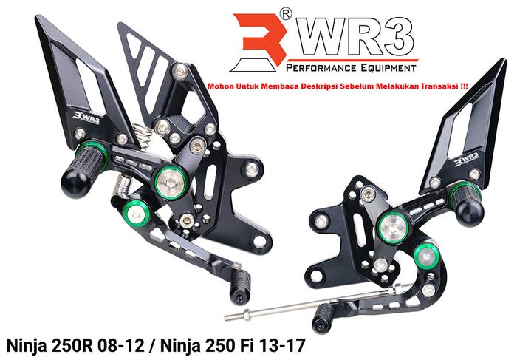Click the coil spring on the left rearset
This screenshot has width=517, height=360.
tap(143, 137)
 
